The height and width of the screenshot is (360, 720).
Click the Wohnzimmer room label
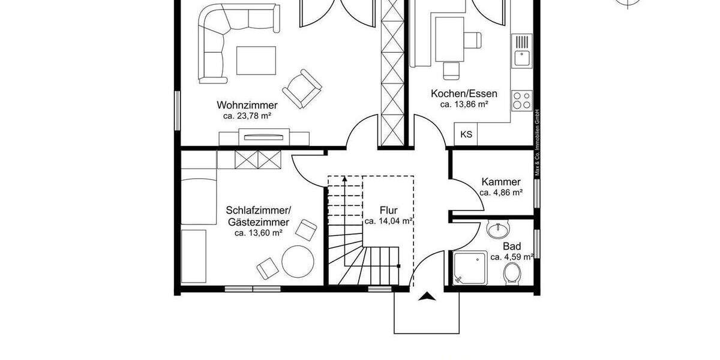(x=247, y=105)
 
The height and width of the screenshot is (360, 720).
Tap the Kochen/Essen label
(x=464, y=94)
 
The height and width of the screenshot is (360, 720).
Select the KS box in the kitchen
(x=466, y=135)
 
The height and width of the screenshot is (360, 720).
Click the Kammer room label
(x=501, y=182)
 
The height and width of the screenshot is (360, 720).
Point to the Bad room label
(x=512, y=246)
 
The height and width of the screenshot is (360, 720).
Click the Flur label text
(x=388, y=211)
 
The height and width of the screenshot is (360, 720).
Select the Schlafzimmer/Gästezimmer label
(x=258, y=216)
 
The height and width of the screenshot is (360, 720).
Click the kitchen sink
(x=521, y=51)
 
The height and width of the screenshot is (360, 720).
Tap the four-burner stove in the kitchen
(x=521, y=100)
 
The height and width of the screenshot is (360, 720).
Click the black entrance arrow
(x=428, y=296)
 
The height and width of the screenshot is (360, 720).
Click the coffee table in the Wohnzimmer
(x=256, y=59)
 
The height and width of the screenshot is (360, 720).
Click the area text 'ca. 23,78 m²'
(x=247, y=116)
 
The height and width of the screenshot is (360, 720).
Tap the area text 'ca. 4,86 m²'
(x=501, y=193)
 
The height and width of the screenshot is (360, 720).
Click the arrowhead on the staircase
(x=344, y=178)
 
